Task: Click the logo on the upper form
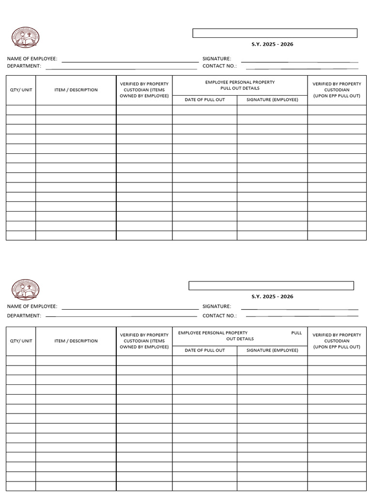tap(25, 38)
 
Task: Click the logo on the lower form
tap(25, 290)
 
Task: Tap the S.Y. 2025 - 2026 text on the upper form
tap(272, 45)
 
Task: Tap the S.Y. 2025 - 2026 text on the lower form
tap(272, 297)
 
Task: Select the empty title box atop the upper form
tap(275, 33)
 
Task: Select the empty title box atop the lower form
tap(271, 285)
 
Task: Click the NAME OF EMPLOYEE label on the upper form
tap(32, 59)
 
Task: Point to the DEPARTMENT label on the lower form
tap(24, 315)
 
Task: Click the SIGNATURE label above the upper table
tap(217, 59)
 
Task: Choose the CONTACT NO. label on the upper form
tap(219, 66)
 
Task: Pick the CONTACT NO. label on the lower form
tap(219, 315)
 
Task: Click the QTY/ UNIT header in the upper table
tap(21, 90)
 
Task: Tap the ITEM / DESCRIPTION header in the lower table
tap(76, 341)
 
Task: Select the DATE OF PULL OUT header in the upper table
tap(204, 99)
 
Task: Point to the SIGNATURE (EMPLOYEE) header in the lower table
tap(272, 350)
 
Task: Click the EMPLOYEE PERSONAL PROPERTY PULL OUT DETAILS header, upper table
tap(240, 85)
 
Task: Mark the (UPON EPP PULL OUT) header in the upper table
tap(337, 96)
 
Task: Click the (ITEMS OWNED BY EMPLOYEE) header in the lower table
tap(144, 347)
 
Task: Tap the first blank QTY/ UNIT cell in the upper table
tap(21, 110)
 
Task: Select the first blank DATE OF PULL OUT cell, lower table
tap(204, 361)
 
